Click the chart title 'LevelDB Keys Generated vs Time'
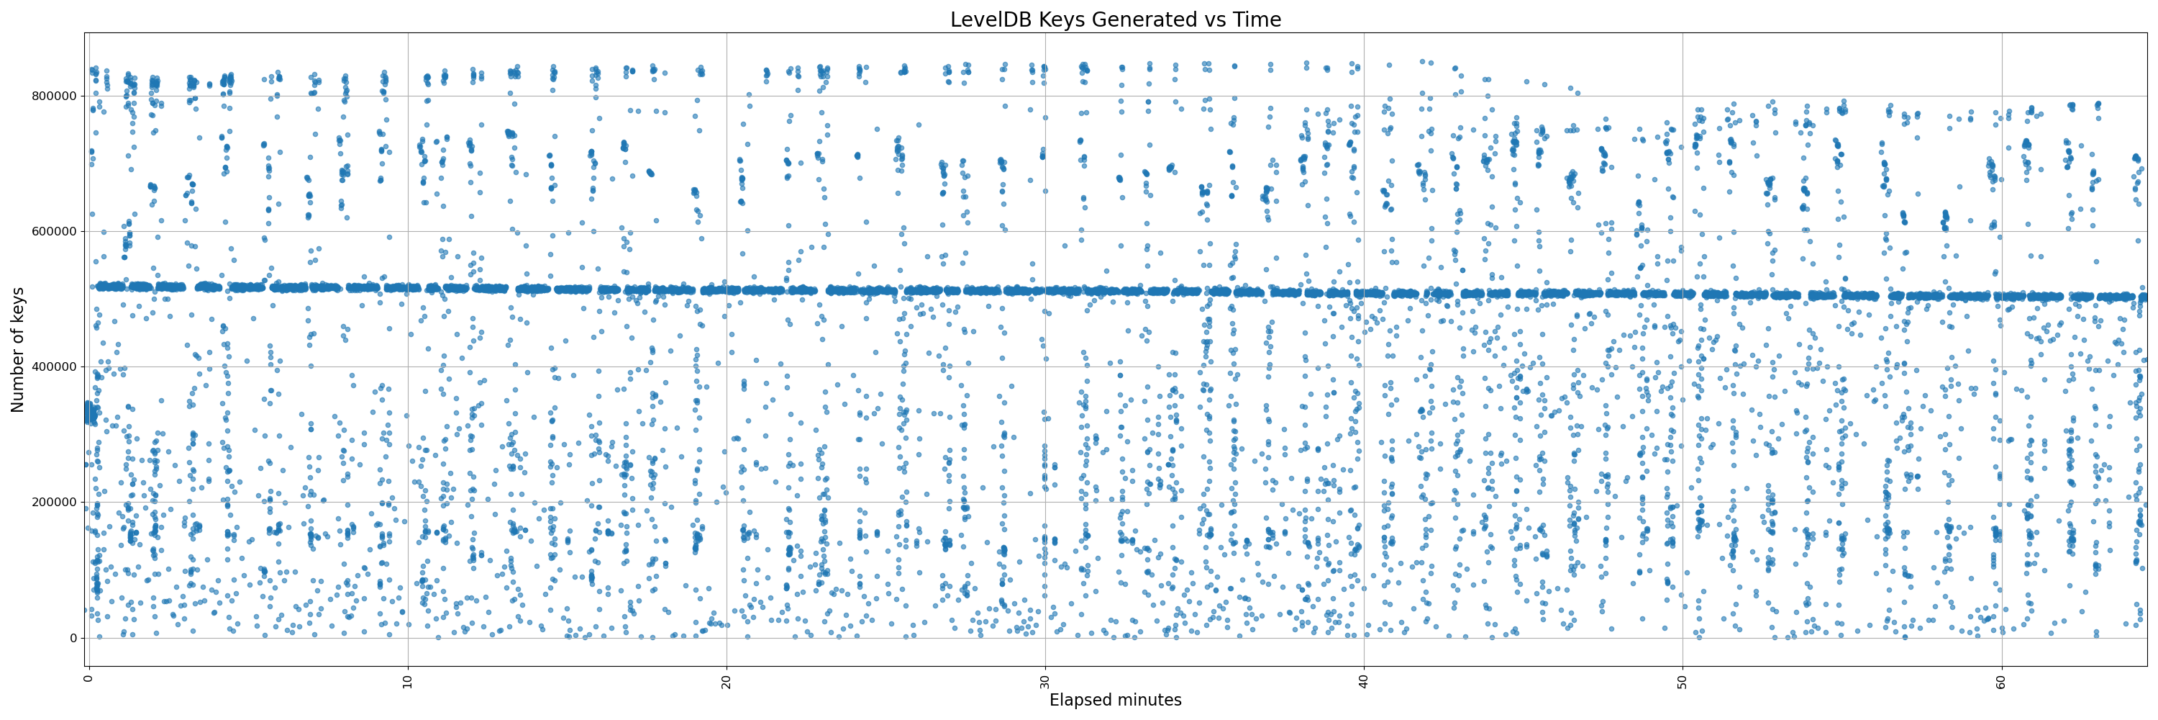[x=1115, y=19]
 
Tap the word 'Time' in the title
[x=1257, y=19]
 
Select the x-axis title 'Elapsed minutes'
[x=1115, y=701]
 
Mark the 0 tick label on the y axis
[x=72, y=638]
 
